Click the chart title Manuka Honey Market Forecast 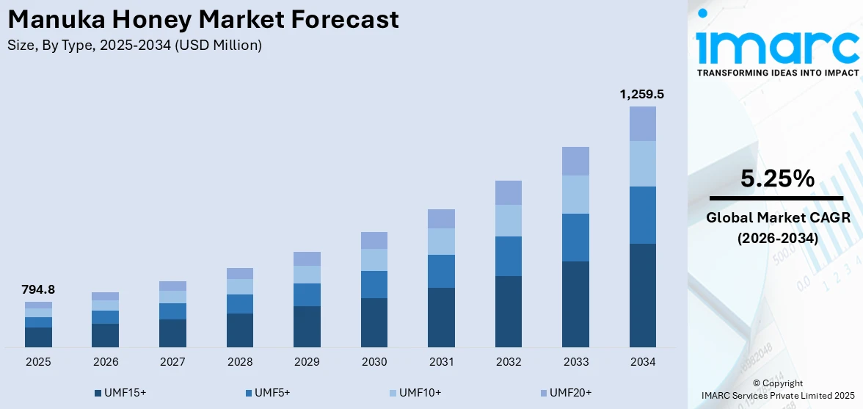point(203,20)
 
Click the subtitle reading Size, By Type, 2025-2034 point(134,46)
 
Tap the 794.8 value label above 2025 point(38,290)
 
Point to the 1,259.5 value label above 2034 point(642,95)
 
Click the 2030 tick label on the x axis point(374,362)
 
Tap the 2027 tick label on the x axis point(172,362)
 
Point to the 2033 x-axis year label point(575,362)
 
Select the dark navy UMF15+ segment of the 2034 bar point(642,295)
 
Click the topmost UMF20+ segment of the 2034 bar point(642,123)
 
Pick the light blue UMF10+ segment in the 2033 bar point(575,195)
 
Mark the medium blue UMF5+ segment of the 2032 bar point(508,256)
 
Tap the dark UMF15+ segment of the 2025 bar point(38,337)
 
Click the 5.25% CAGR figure point(776,178)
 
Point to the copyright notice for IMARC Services point(777,390)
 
